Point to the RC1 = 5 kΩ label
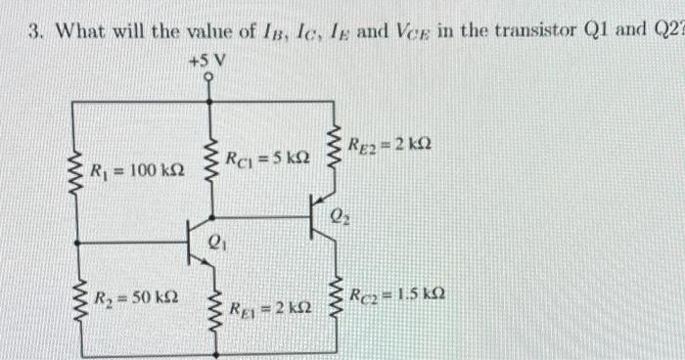click(x=268, y=156)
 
